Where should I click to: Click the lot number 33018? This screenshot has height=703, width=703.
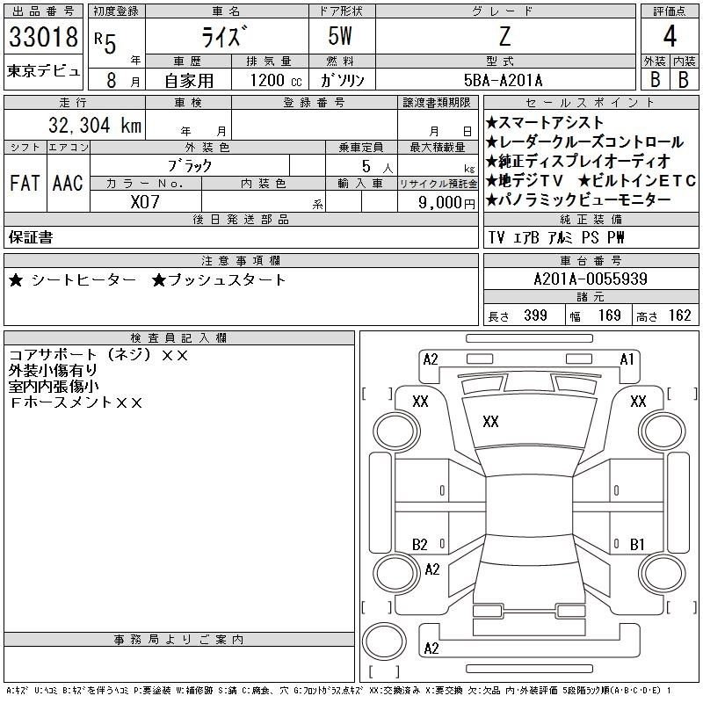click(x=43, y=37)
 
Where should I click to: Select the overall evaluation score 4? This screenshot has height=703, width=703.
click(x=670, y=36)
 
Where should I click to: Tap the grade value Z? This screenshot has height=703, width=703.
click(x=504, y=36)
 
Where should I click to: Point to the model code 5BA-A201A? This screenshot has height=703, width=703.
click(x=503, y=80)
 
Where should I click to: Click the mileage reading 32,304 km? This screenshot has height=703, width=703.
click(x=95, y=125)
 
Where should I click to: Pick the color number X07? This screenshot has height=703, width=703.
click(x=145, y=202)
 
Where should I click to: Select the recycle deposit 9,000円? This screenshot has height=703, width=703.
click(x=446, y=203)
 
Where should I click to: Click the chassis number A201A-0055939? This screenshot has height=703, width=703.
click(x=591, y=279)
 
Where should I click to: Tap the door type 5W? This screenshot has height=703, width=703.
click(x=340, y=36)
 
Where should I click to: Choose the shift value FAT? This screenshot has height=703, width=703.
click(x=25, y=183)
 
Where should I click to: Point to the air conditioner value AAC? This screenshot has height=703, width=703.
click(x=68, y=183)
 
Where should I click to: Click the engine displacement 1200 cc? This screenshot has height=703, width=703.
click(x=276, y=80)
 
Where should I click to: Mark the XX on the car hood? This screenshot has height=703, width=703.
click(x=490, y=422)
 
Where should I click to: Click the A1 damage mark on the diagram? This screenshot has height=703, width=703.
click(x=627, y=359)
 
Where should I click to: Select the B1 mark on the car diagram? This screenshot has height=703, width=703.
click(x=637, y=544)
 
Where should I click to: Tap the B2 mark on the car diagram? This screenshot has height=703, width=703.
click(x=420, y=544)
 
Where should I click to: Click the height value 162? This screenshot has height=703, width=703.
click(x=679, y=315)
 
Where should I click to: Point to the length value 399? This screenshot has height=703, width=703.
click(x=535, y=315)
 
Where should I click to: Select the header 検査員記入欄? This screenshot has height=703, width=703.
click(x=178, y=337)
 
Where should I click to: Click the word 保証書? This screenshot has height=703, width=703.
click(x=31, y=237)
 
